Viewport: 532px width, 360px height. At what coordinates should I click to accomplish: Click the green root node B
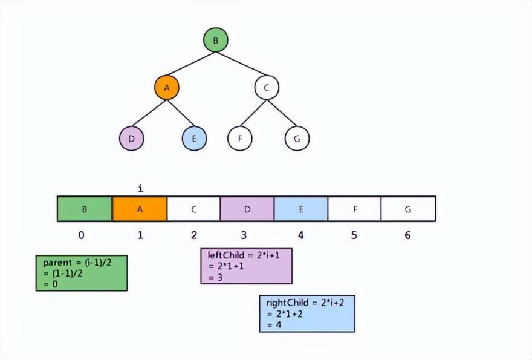pos(216,40)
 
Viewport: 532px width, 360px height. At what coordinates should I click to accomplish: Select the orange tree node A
pos(167,88)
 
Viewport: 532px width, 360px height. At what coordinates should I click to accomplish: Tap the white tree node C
pos(267,88)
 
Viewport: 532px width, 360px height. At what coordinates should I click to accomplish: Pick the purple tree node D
pos(132,139)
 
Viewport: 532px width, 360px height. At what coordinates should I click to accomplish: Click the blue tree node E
pos(194,139)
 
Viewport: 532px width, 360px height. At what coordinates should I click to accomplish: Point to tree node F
pos(240,139)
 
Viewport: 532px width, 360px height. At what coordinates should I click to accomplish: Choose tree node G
pos(297,139)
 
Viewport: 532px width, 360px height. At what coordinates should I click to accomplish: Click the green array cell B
pos(85,209)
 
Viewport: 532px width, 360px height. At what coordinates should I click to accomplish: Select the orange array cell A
pos(140,209)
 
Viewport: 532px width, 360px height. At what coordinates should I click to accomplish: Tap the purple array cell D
pos(247,209)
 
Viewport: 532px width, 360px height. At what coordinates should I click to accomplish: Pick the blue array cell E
pos(301,209)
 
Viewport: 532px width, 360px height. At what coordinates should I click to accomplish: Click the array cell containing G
pos(409,209)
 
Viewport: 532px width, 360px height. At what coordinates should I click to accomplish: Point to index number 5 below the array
pos(354,235)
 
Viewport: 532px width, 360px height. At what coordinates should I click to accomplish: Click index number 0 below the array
pos(82,235)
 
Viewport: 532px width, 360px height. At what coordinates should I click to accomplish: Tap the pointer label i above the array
pos(141,188)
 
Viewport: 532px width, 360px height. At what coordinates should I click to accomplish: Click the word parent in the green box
pos(57,263)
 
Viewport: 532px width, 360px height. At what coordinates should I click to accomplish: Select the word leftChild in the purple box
pos(225,255)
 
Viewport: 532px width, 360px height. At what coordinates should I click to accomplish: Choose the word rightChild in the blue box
pos(287,303)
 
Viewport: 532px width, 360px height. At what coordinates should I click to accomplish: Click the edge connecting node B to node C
pos(241,64)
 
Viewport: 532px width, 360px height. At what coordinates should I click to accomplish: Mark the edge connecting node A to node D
pos(149,113)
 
